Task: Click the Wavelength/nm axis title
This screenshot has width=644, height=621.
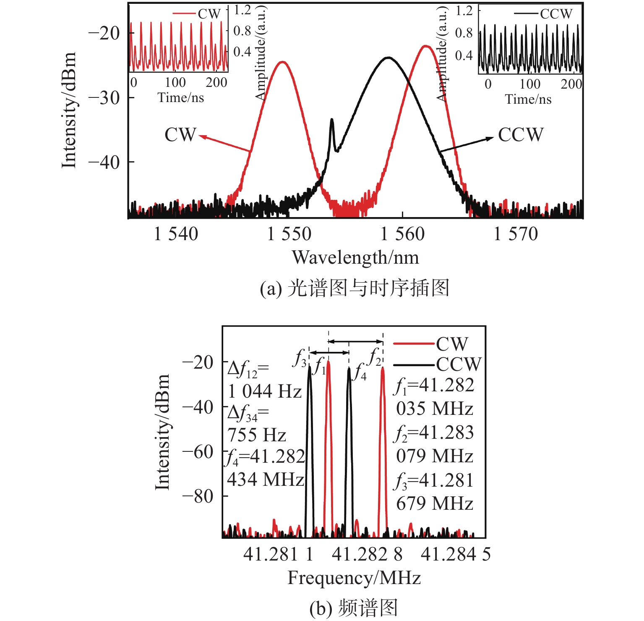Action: tap(355, 257)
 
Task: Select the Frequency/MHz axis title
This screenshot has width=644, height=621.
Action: tap(354, 578)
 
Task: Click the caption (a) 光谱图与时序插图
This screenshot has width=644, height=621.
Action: tap(355, 288)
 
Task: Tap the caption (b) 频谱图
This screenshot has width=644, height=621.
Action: tap(353, 608)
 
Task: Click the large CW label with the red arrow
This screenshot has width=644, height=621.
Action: tap(180, 135)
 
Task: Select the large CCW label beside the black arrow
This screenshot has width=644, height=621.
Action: tap(521, 135)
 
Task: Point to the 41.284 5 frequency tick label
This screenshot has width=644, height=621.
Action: tap(456, 554)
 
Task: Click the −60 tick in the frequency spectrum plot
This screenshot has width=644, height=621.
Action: tap(198, 452)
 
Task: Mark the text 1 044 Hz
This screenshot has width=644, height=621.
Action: tap(265, 392)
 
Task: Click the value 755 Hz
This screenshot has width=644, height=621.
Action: tap(257, 435)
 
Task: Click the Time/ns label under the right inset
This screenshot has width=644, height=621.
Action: tap(528, 99)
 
